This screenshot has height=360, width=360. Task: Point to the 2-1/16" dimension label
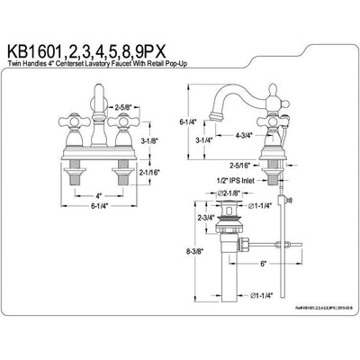coord(150,170)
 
